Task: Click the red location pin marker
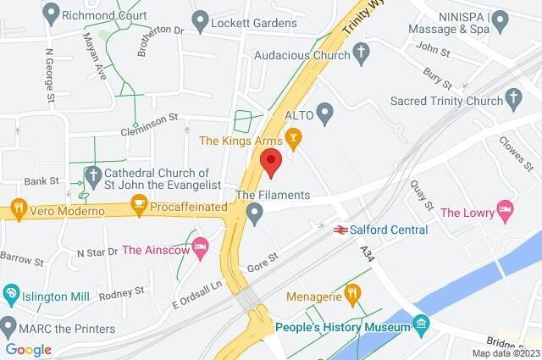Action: pos(270,161)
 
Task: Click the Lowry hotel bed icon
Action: pos(506,208)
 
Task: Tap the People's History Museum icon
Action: pos(420,324)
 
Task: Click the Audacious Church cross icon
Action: pos(362,57)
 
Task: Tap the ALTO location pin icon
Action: pos(325,112)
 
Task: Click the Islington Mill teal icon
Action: pos(10,295)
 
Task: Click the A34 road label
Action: pos(366,252)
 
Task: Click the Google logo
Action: pos(28,348)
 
